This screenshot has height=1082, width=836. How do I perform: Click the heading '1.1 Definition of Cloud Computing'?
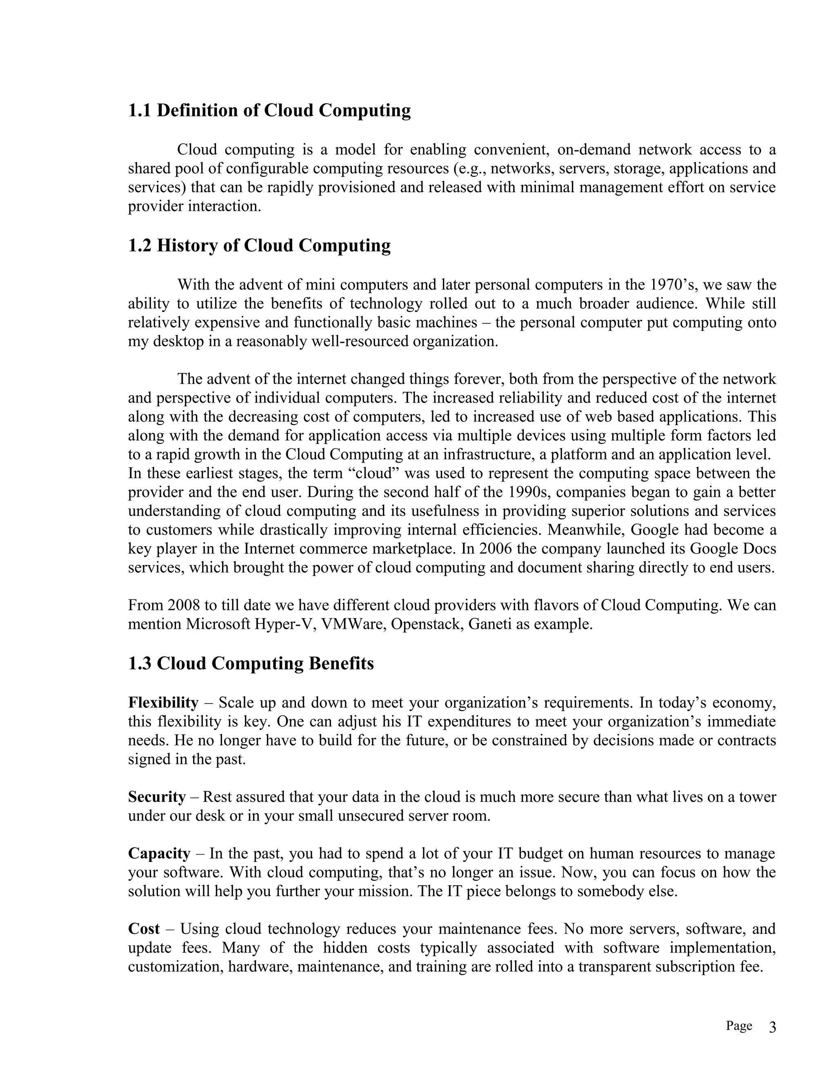[x=269, y=110]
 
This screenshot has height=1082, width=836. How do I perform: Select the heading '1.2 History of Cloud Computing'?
[x=259, y=245]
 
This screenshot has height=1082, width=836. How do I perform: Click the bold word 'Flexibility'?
[x=163, y=703]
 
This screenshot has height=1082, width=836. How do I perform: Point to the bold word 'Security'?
[x=156, y=797]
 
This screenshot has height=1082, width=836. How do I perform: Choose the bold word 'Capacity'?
[x=159, y=853]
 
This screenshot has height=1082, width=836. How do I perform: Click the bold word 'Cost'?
[x=144, y=928]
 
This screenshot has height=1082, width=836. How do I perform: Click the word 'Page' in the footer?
[x=738, y=1026]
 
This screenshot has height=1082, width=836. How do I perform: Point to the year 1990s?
[x=529, y=492]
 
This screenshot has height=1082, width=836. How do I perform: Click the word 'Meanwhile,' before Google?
[x=579, y=530]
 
